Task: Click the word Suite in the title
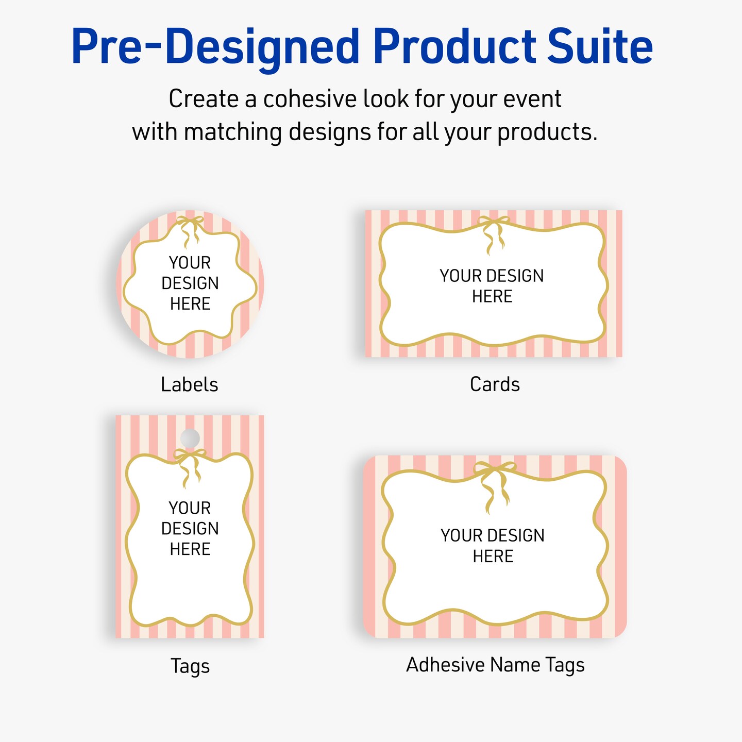600,47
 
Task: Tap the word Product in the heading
455,47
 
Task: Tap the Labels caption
190,384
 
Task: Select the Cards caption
495,384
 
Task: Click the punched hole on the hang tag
190,438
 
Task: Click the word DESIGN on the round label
190,283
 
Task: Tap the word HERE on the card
493,296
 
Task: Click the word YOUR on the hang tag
190,508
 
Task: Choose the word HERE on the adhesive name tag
493,556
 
